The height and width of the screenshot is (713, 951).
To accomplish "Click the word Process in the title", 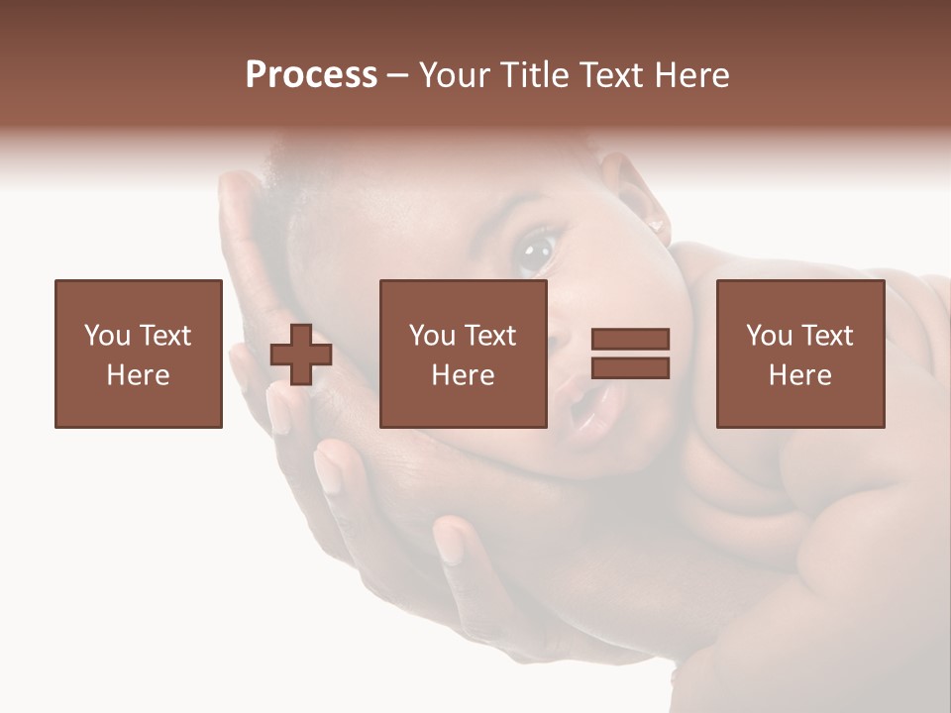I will point(311,75).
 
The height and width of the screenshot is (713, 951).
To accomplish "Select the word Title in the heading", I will point(533,75).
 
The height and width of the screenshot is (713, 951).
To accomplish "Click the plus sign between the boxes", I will point(301,354).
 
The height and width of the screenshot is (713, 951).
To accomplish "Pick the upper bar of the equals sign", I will point(630,339).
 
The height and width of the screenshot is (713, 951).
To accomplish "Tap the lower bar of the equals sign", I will point(630,367).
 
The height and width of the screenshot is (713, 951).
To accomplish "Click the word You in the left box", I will point(107,336).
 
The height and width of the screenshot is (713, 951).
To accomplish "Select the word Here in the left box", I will point(138,375).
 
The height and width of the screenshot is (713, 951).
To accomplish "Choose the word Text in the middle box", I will point(489,336).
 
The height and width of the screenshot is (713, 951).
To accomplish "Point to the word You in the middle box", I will point(432,336).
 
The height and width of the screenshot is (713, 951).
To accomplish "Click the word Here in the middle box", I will point(463,375).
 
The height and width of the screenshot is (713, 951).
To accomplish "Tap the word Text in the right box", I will point(826,336).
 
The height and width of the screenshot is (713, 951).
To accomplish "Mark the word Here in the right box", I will point(799,375).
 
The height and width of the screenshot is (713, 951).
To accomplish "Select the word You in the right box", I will point(769,336).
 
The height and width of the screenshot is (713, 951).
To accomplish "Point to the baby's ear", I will point(634,198).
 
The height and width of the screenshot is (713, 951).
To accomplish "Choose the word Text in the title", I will point(611,75).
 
